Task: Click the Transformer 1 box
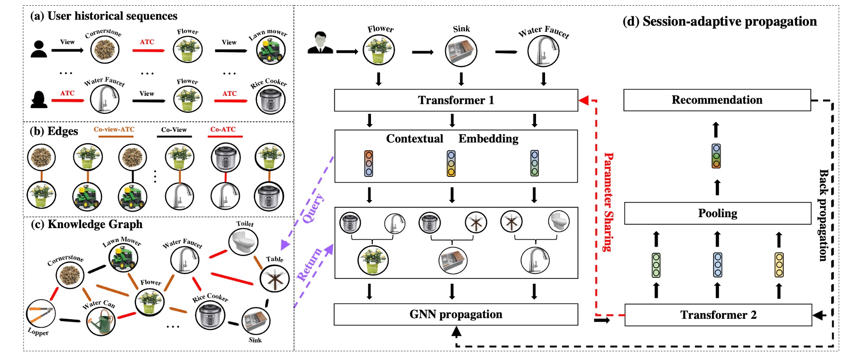(455, 100)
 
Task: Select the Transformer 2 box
(718, 315)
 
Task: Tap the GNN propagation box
(455, 314)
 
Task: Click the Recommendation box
(717, 100)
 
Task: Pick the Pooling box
(717, 213)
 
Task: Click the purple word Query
(314, 208)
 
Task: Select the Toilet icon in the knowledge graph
(243, 241)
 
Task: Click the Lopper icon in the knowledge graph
(41, 314)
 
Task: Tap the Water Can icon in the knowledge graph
(101, 321)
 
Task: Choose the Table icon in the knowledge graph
(275, 278)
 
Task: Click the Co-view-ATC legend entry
(114, 129)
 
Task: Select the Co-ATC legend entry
(223, 129)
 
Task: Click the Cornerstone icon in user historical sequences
(105, 50)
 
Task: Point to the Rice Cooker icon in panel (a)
(270, 100)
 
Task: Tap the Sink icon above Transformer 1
(461, 51)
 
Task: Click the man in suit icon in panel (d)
(320, 43)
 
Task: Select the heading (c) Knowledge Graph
(86, 224)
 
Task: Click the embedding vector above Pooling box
(716, 156)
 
